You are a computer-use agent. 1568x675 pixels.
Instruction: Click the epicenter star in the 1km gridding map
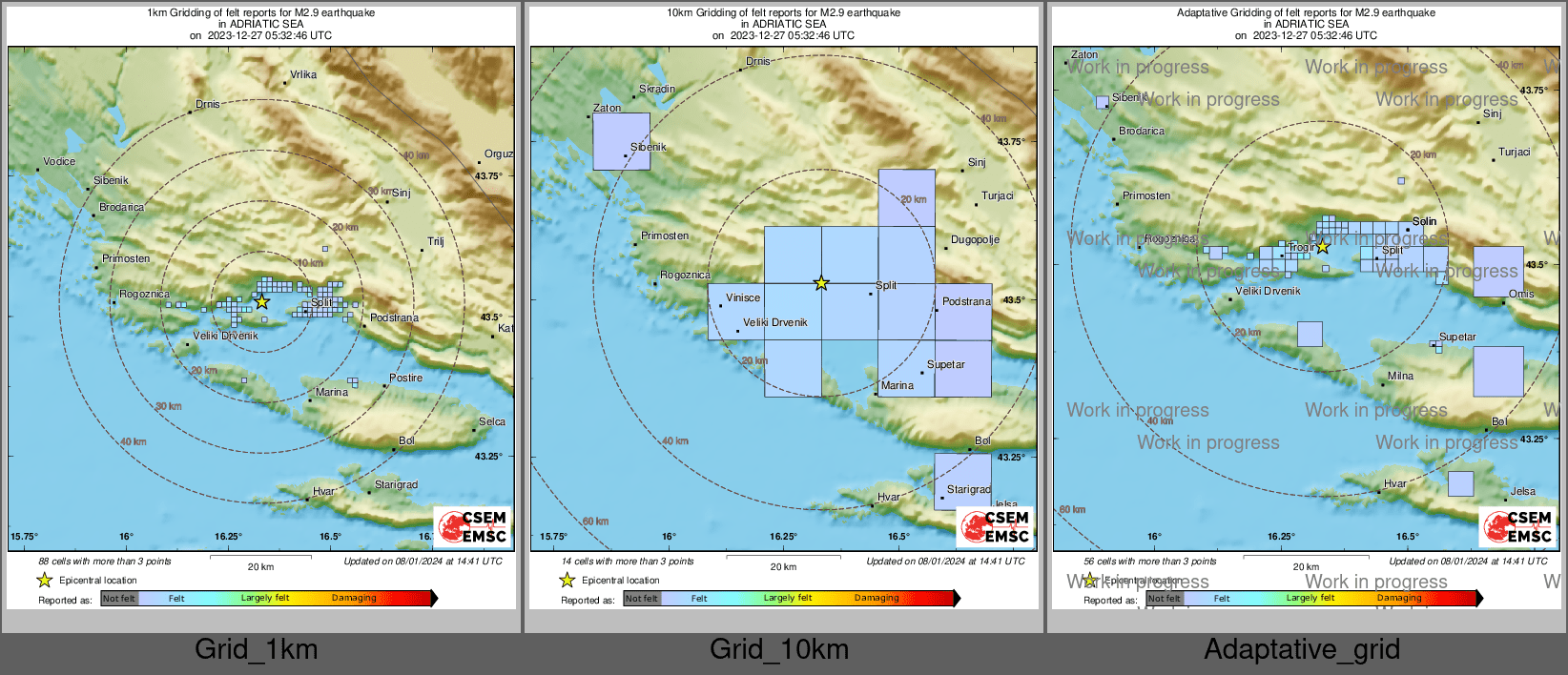tap(262, 301)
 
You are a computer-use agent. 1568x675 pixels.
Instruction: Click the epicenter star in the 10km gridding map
tap(821, 283)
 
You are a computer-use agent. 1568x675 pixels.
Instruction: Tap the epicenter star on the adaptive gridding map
tap(1322, 247)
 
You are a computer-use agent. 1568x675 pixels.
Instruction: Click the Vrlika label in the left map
tap(303, 74)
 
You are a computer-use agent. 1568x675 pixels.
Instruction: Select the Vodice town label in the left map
tap(59, 161)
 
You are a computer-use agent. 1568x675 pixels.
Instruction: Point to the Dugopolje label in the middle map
tap(975, 239)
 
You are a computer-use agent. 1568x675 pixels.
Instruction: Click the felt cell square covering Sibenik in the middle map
tap(621, 141)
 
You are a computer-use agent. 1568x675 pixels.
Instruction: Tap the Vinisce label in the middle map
tap(743, 297)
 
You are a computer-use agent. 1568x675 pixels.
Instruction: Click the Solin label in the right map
tap(1424, 221)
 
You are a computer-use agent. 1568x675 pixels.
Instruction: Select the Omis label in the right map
tap(1521, 294)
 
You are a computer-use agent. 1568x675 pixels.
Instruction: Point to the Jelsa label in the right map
tap(1523, 491)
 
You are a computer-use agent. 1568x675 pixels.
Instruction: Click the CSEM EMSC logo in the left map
tap(473, 526)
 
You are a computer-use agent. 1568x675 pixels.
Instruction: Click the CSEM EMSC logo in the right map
tap(1518, 526)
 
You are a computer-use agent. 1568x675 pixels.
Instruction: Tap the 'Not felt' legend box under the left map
tap(119, 599)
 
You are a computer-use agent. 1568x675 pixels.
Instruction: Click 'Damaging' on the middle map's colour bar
tap(877, 598)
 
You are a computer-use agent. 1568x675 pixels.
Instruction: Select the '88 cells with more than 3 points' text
tap(105, 562)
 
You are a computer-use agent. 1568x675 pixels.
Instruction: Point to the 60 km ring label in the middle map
tap(595, 522)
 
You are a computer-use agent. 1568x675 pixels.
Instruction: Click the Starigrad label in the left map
tap(396, 484)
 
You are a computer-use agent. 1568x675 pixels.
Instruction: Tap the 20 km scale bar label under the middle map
tap(783, 567)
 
